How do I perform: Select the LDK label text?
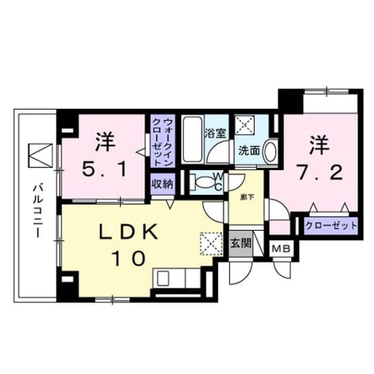pos(129,231)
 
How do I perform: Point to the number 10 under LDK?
pos(129,258)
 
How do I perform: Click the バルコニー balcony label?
pos(38,210)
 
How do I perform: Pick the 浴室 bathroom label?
pos(216,133)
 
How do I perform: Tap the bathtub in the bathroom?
pos(192,139)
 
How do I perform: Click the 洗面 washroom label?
pos(249,150)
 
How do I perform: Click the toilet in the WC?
pos(203,182)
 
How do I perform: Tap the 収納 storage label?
pos(162,183)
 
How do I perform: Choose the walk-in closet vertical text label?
pos(162,142)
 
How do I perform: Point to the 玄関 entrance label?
pos(240,243)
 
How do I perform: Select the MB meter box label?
pos(282,250)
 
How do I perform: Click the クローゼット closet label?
pos(331,226)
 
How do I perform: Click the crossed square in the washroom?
pos(244,124)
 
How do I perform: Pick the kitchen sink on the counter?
pos(163,278)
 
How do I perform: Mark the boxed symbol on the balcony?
pos(40,155)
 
